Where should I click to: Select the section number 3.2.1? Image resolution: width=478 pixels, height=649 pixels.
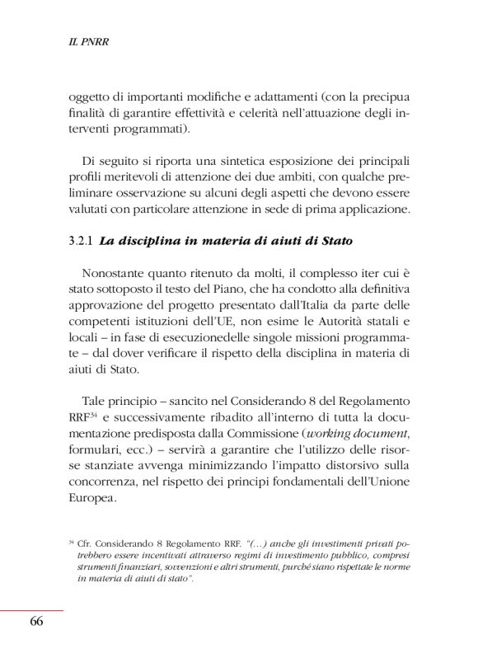click(x=82, y=242)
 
